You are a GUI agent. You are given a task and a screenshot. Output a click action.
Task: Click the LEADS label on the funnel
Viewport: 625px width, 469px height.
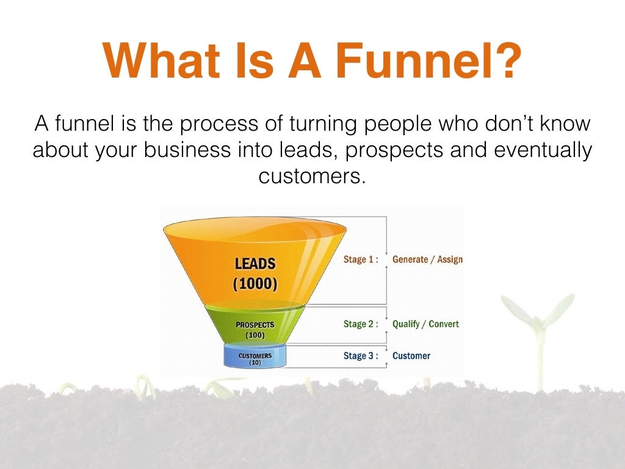[x=255, y=264]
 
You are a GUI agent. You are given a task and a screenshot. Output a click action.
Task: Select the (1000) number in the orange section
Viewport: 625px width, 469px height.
[x=255, y=284]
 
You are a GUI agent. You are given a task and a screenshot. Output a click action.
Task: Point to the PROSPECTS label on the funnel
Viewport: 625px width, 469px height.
[x=255, y=324]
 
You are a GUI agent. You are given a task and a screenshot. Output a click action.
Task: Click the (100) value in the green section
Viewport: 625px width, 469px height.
[x=255, y=335]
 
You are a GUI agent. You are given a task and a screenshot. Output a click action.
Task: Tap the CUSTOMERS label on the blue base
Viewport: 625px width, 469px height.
[x=255, y=355]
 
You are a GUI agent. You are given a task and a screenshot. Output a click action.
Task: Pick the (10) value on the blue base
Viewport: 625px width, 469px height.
[x=255, y=363]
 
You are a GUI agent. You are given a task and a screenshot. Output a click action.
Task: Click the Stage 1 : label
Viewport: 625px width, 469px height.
[x=361, y=260]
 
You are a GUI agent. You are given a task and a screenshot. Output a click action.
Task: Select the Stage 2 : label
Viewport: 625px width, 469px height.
[x=361, y=324]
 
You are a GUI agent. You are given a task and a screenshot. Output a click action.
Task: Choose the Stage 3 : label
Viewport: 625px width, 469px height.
[x=361, y=356]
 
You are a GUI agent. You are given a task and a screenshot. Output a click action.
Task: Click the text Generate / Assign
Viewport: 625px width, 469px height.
[x=427, y=260]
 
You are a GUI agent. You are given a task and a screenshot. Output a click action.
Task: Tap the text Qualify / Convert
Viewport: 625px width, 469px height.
[x=425, y=324]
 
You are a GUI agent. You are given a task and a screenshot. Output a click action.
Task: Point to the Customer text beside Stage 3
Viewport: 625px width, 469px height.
[x=411, y=356]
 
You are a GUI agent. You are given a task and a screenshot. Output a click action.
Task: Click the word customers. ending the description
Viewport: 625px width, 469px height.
[x=312, y=176]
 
